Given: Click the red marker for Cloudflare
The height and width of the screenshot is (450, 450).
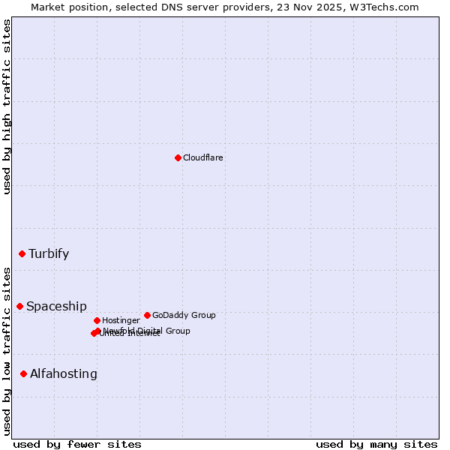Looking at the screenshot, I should pos(178,157).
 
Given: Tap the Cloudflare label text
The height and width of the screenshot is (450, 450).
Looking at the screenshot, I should pos(203,157).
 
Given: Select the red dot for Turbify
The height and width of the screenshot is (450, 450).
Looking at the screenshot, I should pos(22,253).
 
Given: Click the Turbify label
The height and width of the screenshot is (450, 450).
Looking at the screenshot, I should pos(49,253).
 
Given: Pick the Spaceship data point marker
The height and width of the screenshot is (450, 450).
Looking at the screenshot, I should pos(19,306).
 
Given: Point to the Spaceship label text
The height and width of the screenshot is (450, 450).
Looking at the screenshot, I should pos(56,306).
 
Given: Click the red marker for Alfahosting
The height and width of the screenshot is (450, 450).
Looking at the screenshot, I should pos(23,373).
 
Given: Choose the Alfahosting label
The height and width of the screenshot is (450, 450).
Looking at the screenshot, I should pos(64,373).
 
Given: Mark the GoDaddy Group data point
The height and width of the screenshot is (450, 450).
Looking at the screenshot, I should pos(147,315).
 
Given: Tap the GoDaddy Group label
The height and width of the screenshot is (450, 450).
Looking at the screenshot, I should pos(184,315).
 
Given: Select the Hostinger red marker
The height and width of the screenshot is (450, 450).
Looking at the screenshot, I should pos(97,320).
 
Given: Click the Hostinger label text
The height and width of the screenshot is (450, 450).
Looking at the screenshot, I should pos(121,320).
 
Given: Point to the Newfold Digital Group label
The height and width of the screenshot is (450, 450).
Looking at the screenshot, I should pos(147,331).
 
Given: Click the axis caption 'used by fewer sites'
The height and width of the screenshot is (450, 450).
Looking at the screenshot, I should pos(77,444).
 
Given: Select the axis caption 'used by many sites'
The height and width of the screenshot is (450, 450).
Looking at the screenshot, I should pos(376,444).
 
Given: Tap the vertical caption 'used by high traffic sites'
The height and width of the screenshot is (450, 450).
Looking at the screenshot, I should pos(7,106).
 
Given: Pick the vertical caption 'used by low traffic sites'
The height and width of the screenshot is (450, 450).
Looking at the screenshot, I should pos(7,351).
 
